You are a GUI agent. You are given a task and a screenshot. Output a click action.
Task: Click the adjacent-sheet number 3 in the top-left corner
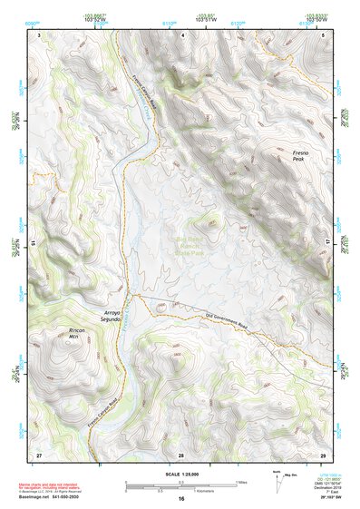click(x=39, y=34)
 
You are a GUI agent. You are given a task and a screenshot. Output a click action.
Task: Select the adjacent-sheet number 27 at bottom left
click(x=39, y=453)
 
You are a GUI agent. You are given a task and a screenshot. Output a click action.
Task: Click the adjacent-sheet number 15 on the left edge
click(x=33, y=243)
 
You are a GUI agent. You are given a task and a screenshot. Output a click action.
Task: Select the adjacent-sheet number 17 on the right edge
click(x=328, y=243)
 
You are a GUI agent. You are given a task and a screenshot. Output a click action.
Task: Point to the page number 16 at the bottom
click(x=180, y=498)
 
